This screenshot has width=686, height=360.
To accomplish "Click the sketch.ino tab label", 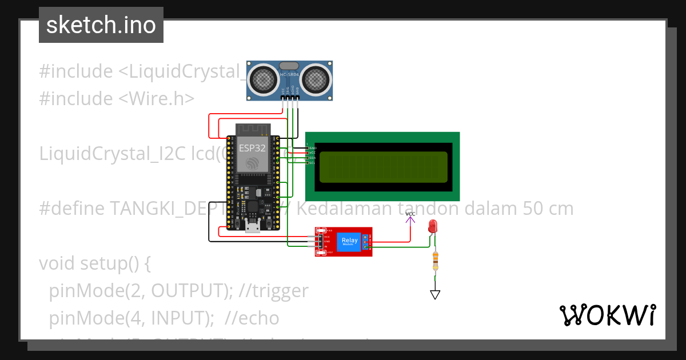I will click(101, 25).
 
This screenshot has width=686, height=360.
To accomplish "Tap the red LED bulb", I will click(433, 227).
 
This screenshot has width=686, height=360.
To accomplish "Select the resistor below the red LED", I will click(436, 261).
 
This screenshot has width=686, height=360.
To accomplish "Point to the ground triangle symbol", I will click(435, 295).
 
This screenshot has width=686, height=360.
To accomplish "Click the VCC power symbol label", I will click(410, 214).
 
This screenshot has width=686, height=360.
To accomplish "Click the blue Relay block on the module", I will click(349, 241).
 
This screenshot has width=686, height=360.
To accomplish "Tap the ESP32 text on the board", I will click(252, 147).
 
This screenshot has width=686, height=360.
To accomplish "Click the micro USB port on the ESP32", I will click(253, 227).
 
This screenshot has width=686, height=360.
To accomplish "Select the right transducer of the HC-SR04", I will click(316, 79).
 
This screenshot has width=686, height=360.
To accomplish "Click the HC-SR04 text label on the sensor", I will click(290, 74).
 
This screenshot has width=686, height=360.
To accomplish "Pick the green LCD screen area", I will click(383, 167).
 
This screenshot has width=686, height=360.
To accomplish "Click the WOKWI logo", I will click(607, 315).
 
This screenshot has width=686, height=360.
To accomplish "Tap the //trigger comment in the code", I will click(274, 291).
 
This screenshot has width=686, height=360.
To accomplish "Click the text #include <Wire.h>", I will click(117, 98).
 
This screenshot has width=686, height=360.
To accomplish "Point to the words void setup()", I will click(95, 263).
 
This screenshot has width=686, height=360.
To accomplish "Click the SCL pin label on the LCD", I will click(312, 163).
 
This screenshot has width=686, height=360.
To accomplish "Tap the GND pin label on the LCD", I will click(312, 148).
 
